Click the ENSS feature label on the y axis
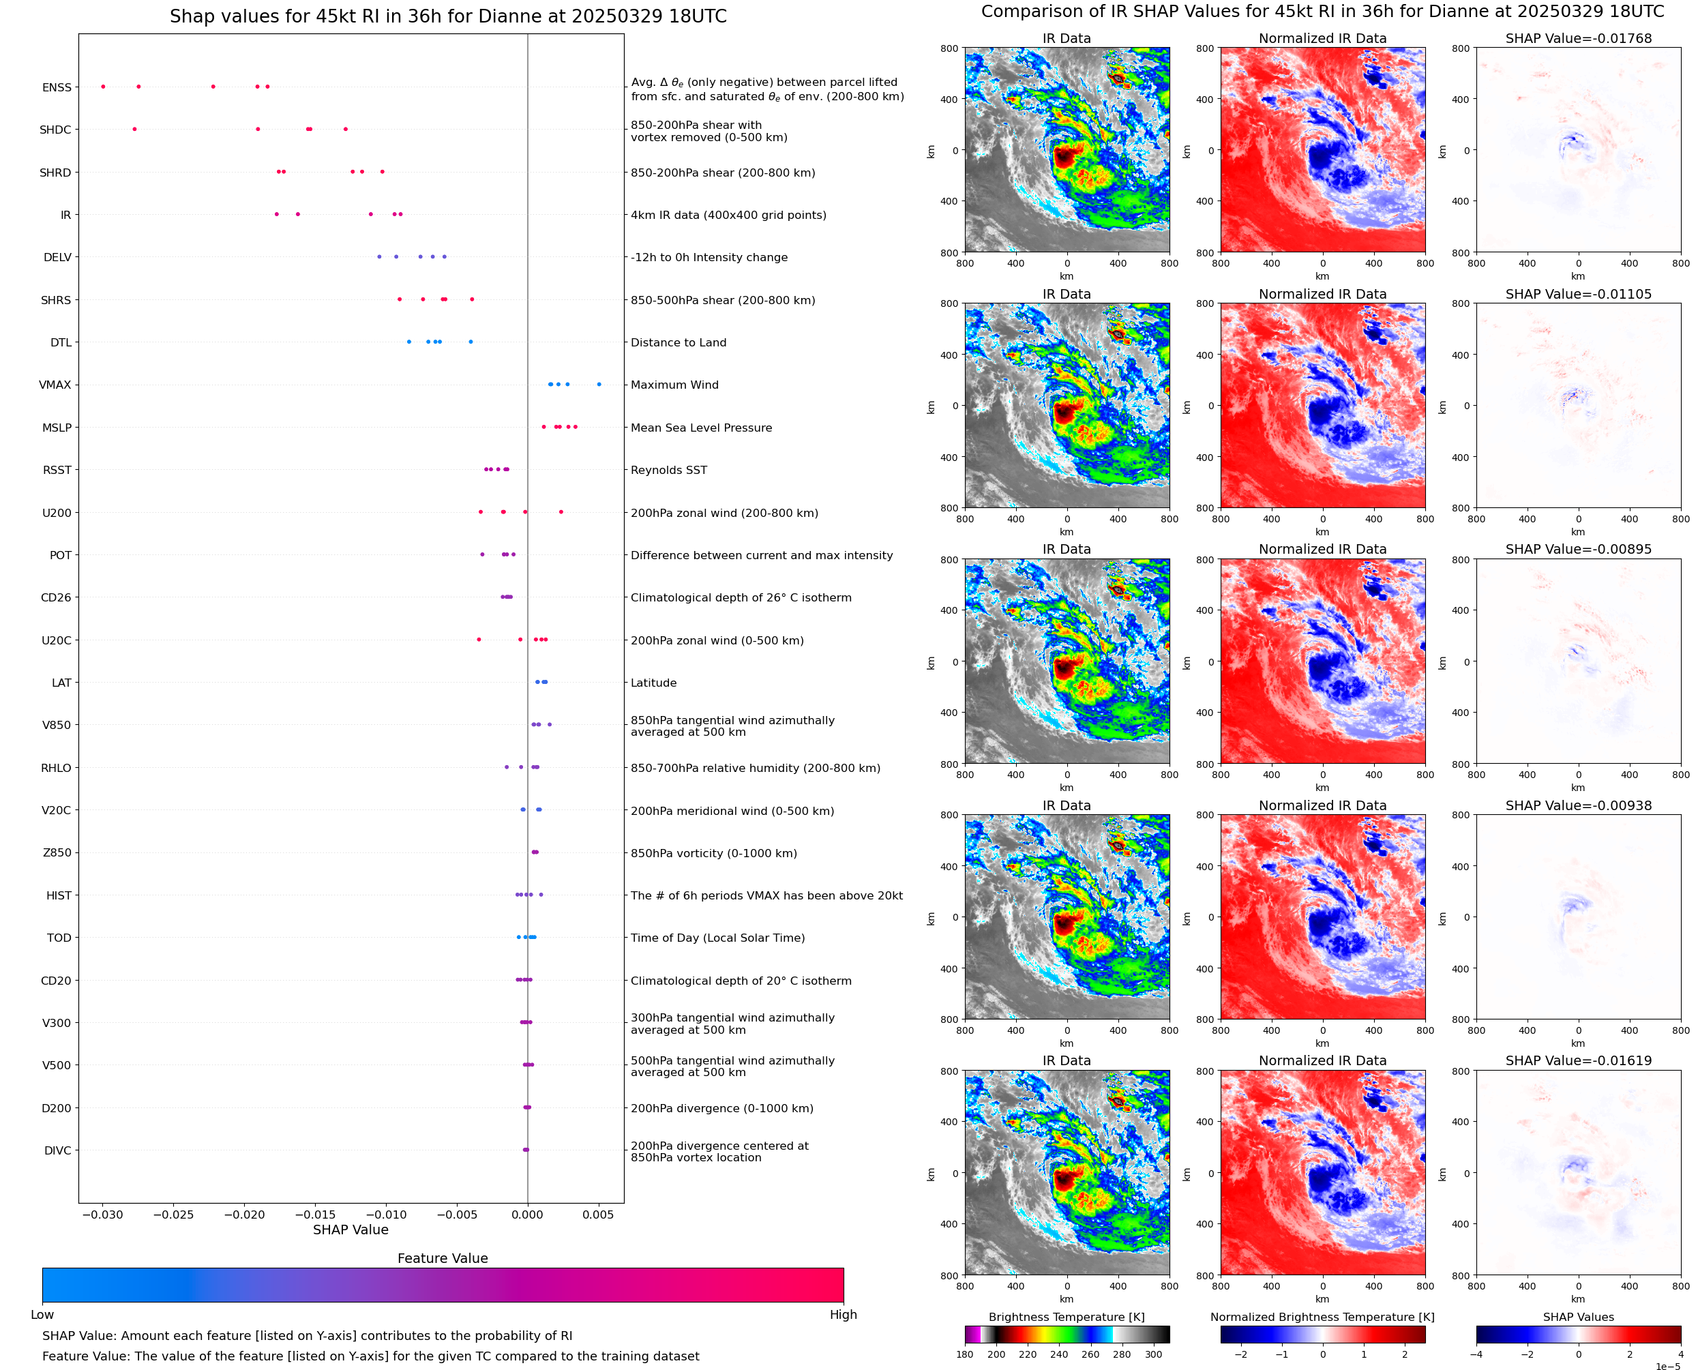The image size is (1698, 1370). tap(56, 87)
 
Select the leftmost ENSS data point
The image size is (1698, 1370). tap(104, 87)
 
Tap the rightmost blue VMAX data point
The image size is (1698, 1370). tap(599, 385)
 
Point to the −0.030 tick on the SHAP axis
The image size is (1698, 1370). tap(102, 1215)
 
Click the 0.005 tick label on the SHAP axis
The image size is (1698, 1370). tap(598, 1215)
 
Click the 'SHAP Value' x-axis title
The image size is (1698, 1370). tap(351, 1230)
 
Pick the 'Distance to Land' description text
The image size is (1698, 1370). tap(678, 342)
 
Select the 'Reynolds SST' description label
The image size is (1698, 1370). tap(668, 471)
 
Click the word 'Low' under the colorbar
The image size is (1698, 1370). tap(42, 1315)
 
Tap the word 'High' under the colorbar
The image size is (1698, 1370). tap(843, 1315)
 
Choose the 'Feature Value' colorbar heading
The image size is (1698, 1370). tap(442, 1259)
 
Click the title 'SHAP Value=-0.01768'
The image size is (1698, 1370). tap(1578, 39)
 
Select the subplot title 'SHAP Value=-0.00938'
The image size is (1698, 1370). tap(1578, 806)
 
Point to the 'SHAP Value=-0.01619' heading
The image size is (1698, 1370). tap(1578, 1060)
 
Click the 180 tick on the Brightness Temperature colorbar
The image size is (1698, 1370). tap(964, 1354)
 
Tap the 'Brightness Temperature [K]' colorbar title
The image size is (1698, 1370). tap(1066, 1317)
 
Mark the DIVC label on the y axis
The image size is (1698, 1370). tap(57, 1150)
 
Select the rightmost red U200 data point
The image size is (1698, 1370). tap(561, 512)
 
